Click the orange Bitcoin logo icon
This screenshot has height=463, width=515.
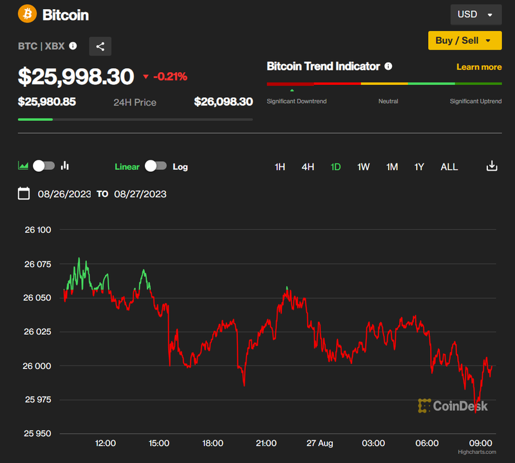pyautogui.click(x=28, y=14)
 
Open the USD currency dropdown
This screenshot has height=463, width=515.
pyautogui.click(x=475, y=14)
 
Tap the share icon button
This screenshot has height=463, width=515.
pyautogui.click(x=100, y=46)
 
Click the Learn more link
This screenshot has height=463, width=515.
pyautogui.click(x=479, y=67)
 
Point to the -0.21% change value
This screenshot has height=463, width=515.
pyautogui.click(x=170, y=77)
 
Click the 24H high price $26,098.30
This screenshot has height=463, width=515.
pyautogui.click(x=223, y=102)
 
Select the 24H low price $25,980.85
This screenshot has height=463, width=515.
pyautogui.click(x=46, y=102)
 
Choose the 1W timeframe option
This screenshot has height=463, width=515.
pyautogui.click(x=364, y=167)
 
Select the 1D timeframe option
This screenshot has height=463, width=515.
pyautogui.click(x=335, y=167)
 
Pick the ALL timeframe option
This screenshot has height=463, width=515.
pyautogui.click(x=449, y=167)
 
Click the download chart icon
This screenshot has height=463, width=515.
pyautogui.click(x=492, y=166)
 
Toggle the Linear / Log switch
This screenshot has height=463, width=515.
pyautogui.click(x=156, y=166)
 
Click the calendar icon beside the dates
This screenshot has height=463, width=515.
pyautogui.click(x=24, y=193)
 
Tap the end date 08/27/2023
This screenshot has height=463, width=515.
pyautogui.click(x=140, y=194)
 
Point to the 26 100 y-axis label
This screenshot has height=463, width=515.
pyautogui.click(x=37, y=230)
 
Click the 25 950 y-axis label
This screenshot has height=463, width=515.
pyautogui.click(x=37, y=433)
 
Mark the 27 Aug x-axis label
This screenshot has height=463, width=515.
pyautogui.click(x=320, y=443)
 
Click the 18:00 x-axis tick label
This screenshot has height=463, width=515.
pyautogui.click(x=212, y=443)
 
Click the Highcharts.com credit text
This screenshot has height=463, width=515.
pyautogui.click(x=477, y=453)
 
